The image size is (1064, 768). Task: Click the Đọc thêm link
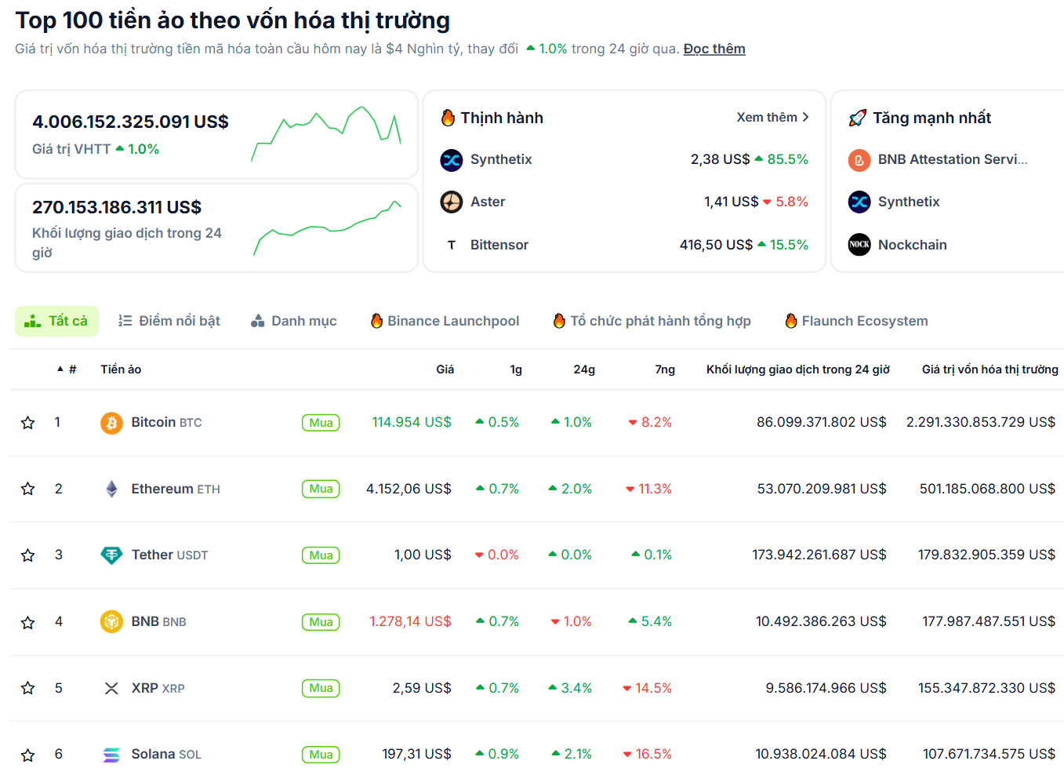(714, 49)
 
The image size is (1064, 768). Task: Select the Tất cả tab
(56, 321)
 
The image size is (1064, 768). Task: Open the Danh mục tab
(294, 321)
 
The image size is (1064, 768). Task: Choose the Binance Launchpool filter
(445, 321)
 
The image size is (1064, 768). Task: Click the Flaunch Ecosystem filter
(856, 321)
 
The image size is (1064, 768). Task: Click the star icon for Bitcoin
(28, 423)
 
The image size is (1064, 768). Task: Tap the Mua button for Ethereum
(321, 489)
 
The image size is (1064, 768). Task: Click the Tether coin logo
(111, 555)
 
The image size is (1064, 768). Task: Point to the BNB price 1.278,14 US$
(410, 621)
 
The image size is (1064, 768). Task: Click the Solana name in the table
(153, 754)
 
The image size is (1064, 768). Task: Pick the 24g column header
(584, 369)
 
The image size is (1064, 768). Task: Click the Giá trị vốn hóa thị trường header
(990, 369)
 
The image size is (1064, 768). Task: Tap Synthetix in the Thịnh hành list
(500, 159)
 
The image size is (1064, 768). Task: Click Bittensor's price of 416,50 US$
(716, 245)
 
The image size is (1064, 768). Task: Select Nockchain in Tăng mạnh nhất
(912, 245)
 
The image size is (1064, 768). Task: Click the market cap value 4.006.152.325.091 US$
(130, 122)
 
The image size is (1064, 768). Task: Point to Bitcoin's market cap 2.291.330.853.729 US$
(980, 422)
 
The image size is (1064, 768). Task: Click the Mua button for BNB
(321, 622)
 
